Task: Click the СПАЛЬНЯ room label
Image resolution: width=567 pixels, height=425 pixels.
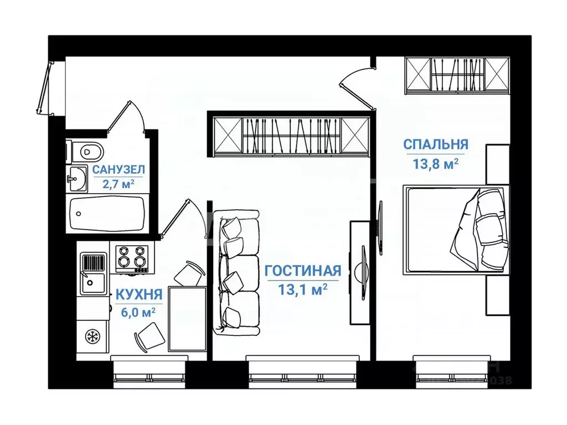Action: click(x=435, y=144)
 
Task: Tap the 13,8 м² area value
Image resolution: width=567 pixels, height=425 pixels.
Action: click(x=435, y=163)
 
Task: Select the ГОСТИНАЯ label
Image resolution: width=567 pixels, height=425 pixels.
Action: click(x=302, y=271)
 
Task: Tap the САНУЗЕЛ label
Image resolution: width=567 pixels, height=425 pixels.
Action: click(x=118, y=169)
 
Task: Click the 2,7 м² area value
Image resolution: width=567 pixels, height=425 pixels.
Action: click(x=118, y=184)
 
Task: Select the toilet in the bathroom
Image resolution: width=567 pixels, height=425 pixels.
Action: click(x=87, y=151)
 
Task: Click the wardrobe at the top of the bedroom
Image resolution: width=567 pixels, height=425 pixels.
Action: click(x=456, y=74)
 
